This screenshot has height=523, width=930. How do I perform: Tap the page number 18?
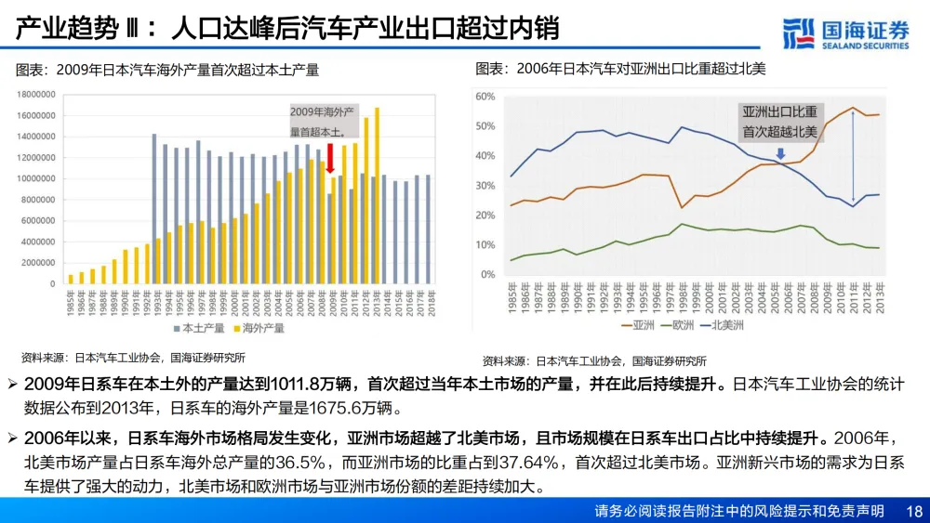[x=912, y=511]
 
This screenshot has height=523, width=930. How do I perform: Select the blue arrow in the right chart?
[x=779, y=153]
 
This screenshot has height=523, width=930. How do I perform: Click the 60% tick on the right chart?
[x=485, y=97]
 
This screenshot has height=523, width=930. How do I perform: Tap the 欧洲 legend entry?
[x=683, y=325]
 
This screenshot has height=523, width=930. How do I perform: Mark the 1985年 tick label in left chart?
[x=71, y=302]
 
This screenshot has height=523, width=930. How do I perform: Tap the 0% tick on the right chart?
[x=489, y=275]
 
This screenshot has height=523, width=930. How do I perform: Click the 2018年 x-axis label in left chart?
[x=427, y=302]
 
